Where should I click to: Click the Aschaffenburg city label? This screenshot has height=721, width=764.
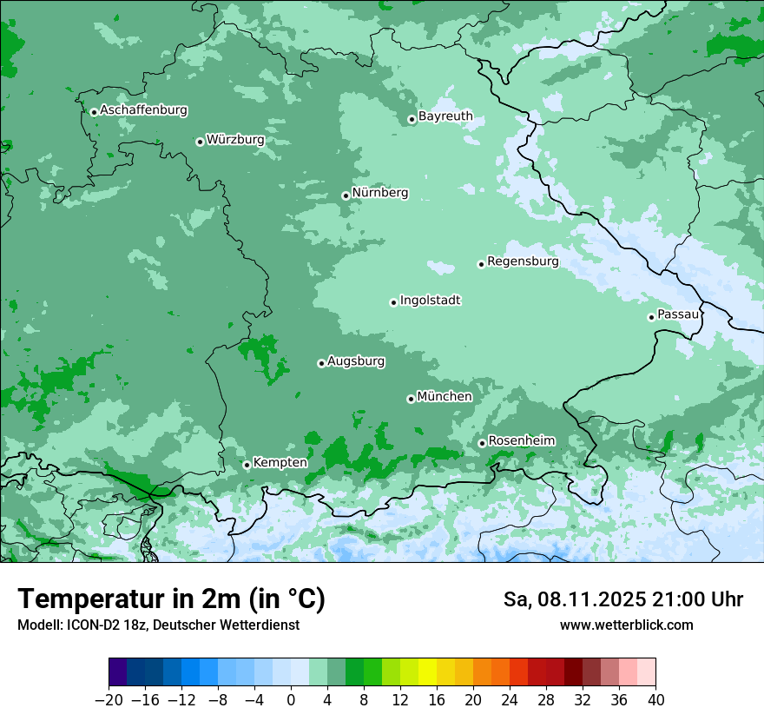point(143,110)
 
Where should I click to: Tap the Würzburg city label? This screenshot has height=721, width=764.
point(235,140)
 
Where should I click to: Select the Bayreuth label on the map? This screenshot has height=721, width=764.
point(445,116)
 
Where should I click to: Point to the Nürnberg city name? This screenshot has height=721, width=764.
point(380,193)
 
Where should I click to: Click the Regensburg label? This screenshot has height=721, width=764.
point(523,261)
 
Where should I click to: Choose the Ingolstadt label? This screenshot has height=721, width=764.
point(430,301)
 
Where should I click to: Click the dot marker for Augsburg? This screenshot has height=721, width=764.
point(321,363)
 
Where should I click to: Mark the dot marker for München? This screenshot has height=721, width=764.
point(411,399)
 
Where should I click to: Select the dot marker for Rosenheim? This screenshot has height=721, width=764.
point(482,443)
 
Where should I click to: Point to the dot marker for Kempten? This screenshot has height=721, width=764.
point(247,465)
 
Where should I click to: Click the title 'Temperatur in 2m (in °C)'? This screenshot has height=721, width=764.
point(171,599)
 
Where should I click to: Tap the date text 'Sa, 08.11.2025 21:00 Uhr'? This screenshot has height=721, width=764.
point(622,600)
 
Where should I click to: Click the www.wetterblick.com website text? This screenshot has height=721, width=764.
point(626,625)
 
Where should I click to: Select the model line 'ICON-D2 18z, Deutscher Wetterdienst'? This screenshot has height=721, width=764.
point(158,625)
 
